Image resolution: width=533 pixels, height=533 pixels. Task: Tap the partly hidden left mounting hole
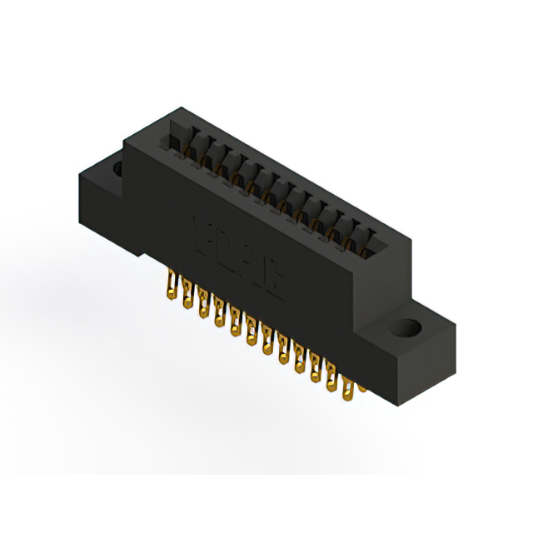click(117, 169)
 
